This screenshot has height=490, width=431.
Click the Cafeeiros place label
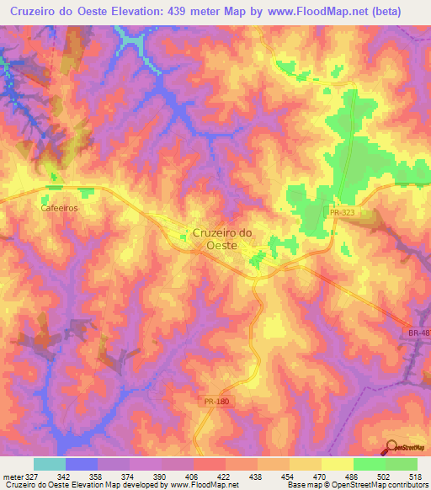click(58, 206)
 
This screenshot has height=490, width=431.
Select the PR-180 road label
click(215, 403)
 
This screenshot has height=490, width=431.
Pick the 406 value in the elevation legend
click(178, 476)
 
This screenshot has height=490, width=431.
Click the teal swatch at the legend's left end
click(50, 464)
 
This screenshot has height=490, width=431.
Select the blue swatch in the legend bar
click(82, 464)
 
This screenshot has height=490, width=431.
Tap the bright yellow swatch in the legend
click(337, 464)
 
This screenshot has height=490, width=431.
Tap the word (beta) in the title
click(383, 11)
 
